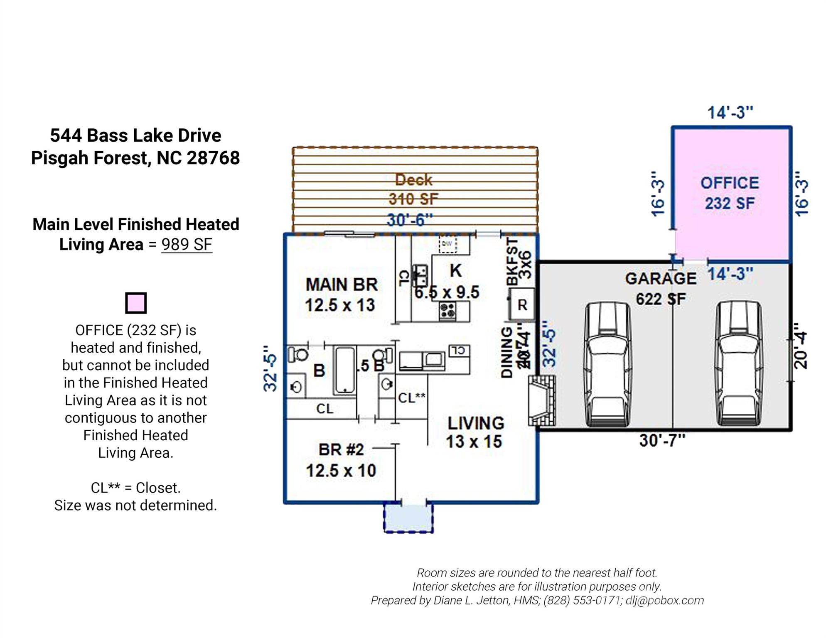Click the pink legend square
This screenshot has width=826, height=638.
(136, 303)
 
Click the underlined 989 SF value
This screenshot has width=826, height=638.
(187, 244)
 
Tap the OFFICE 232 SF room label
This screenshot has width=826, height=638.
(730, 193)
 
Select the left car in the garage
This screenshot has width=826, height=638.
(607, 365)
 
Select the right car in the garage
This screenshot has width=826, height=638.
(738, 365)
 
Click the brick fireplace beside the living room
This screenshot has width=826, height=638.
(542, 400)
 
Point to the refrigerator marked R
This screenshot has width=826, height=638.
(522, 305)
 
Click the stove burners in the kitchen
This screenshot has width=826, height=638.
(448, 311)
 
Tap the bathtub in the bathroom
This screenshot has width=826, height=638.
(344, 370)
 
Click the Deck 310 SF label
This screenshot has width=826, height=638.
(413, 189)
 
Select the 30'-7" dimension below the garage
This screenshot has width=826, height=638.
(662, 440)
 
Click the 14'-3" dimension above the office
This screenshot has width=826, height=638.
(730, 113)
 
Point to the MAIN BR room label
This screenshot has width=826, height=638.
(342, 285)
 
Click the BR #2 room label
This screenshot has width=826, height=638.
(341, 449)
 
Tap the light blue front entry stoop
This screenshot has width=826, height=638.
(408, 518)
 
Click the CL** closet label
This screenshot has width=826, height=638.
(411, 398)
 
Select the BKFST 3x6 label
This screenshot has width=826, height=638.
(519, 261)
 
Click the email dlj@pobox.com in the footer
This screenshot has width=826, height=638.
(664, 600)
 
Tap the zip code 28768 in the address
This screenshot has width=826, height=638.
(213, 158)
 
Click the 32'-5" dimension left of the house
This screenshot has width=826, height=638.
(270, 368)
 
